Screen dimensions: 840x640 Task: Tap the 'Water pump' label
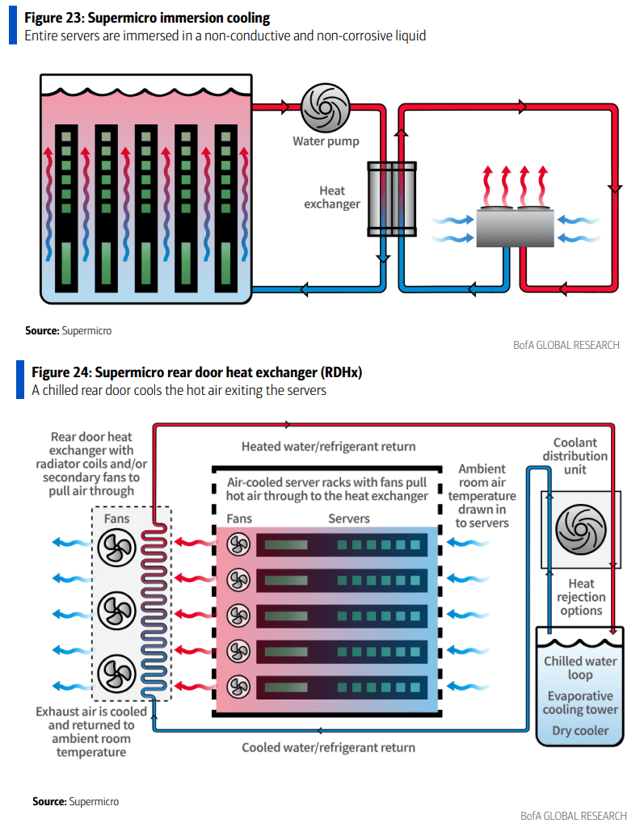[x=325, y=141]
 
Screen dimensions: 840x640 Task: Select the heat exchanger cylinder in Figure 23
[x=392, y=199]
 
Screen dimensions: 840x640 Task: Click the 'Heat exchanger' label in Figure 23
[x=332, y=198]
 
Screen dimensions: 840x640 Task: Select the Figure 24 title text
[x=196, y=372]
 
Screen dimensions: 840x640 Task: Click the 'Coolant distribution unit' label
[x=580, y=456]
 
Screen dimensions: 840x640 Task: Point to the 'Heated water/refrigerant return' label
[x=328, y=447]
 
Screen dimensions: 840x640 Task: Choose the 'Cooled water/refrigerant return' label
[x=328, y=747]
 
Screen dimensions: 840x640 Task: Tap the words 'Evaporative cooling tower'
[x=580, y=703]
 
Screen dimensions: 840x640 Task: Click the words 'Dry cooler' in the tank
[x=580, y=731]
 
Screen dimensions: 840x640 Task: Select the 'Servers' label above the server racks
[x=348, y=519]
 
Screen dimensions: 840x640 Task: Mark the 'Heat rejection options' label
[x=580, y=597]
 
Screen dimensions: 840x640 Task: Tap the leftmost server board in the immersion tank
[x=66, y=208]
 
